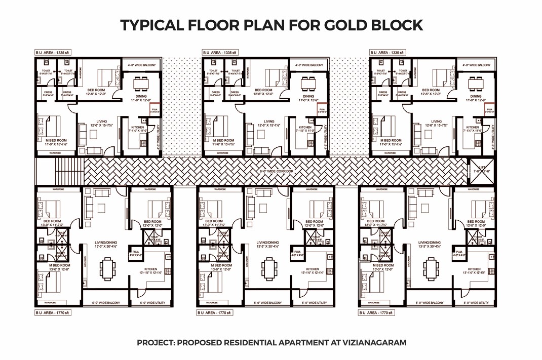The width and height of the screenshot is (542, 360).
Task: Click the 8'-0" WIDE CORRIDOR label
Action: point(276,172)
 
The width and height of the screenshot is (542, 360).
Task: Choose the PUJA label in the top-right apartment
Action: point(489,110)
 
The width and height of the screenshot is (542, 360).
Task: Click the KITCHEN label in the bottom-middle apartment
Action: point(313,269)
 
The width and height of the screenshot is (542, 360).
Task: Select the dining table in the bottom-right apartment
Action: point(431,268)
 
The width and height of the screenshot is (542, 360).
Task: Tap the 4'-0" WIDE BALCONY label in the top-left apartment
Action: point(141,65)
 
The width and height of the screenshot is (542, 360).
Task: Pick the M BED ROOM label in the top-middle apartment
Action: point(223,140)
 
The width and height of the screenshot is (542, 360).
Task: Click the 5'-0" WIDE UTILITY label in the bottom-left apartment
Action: point(152,303)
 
